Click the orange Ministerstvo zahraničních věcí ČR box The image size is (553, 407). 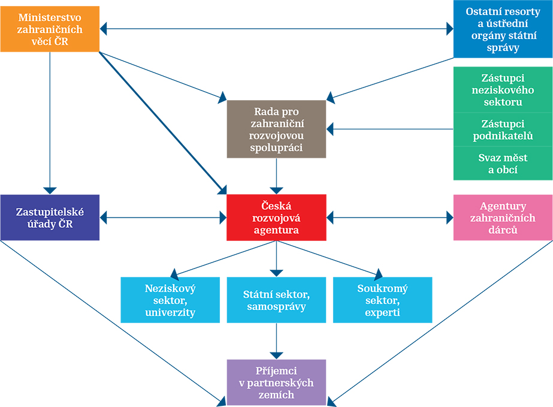50,27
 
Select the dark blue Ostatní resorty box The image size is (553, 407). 502,29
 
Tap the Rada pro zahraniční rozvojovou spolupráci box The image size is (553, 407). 276,128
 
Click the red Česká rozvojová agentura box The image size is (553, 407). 276,217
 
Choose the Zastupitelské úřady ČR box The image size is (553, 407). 50,217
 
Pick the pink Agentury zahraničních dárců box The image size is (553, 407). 502,217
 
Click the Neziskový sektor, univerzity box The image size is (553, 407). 170,300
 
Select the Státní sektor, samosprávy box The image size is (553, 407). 276,300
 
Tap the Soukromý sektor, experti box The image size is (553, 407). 382,300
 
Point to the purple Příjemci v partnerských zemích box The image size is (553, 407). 276,382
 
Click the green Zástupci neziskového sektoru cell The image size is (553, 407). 502,89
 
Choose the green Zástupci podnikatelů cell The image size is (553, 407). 502,129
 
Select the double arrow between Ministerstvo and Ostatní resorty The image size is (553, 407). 276,28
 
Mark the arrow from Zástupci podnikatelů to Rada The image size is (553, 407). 389,129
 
